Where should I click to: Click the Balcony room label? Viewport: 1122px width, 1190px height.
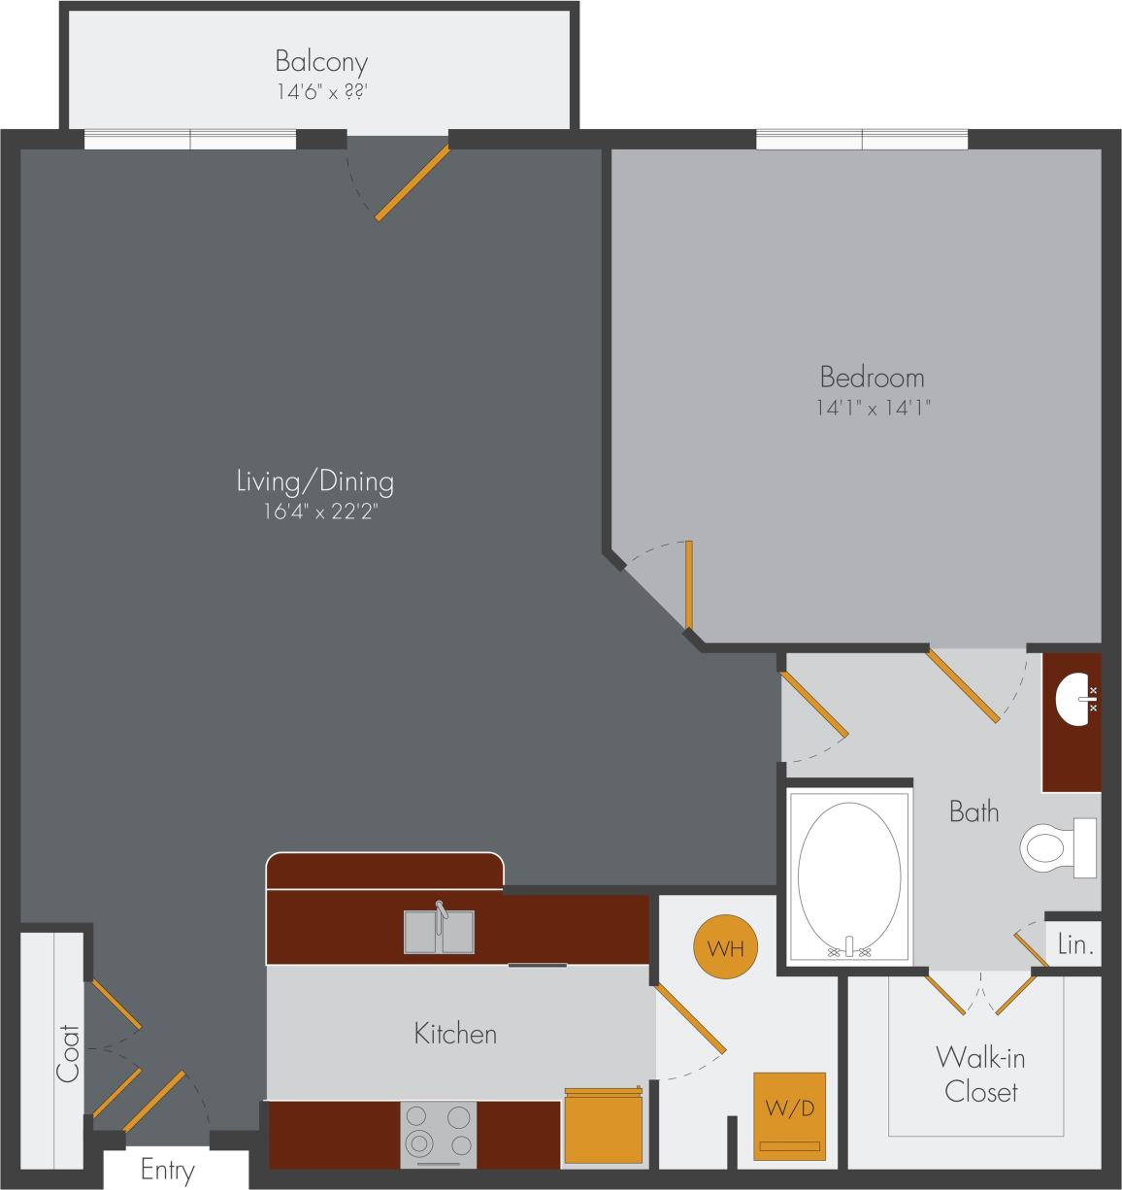pos(321,62)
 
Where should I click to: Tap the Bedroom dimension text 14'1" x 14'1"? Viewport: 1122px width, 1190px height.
pos(873,409)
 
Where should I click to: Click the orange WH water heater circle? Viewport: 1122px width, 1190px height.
pos(725,947)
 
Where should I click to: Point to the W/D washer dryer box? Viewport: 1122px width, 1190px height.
pos(790,1116)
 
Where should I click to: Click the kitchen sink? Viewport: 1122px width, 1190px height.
pos(439,932)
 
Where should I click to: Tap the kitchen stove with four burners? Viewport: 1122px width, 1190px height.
pos(438,1134)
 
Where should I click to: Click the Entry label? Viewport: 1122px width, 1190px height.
pos(168,1171)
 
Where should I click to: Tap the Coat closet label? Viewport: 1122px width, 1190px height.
pos(68,1053)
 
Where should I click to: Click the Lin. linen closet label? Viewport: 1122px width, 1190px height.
pos(1074,945)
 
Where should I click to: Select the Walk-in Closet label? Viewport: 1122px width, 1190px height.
pos(980,1074)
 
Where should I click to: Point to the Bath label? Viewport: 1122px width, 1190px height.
pos(973,811)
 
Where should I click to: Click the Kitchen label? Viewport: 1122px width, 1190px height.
pos(455,1034)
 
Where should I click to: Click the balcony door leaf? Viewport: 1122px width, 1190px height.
pos(412,183)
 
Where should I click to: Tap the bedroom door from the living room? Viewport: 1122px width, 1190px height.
pos(688,585)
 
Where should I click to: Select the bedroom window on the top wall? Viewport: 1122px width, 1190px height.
pos(862,141)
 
